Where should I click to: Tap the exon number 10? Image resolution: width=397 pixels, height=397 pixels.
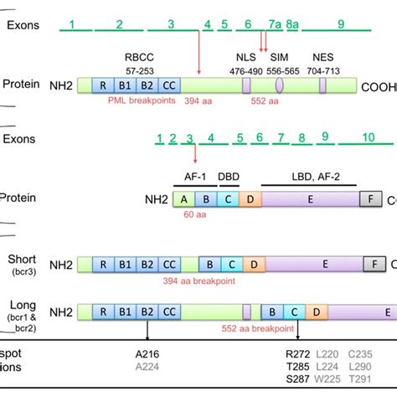pyautogui.click(x=368, y=137)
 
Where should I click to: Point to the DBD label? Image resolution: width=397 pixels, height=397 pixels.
pyautogui.click(x=229, y=179)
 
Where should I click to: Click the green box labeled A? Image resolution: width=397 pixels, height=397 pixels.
pyautogui.click(x=183, y=199)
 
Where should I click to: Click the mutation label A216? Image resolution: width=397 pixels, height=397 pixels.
pyautogui.click(x=147, y=353)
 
